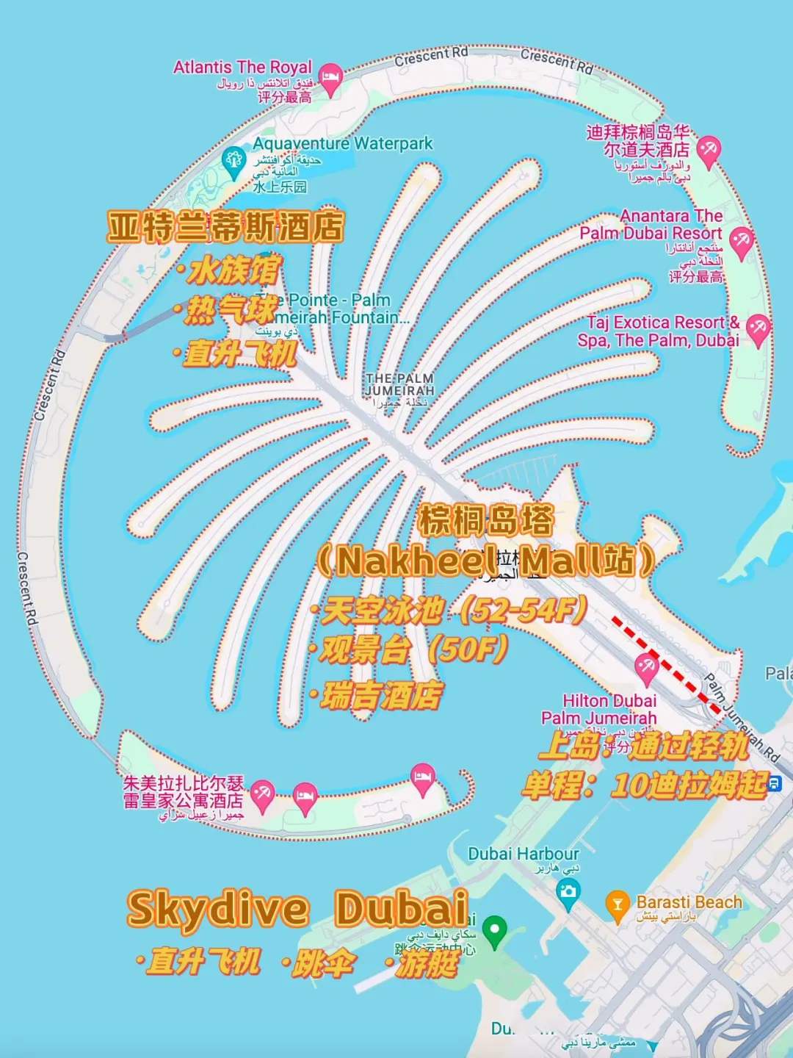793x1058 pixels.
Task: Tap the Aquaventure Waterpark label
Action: tap(343, 143)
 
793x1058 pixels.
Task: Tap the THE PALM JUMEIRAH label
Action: tap(400, 384)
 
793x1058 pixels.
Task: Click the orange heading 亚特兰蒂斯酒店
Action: tap(225, 227)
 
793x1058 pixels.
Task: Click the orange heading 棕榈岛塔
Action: tap(486, 521)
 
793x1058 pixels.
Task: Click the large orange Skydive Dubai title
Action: tap(298, 909)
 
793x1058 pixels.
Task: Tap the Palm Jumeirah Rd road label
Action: tap(742, 716)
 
